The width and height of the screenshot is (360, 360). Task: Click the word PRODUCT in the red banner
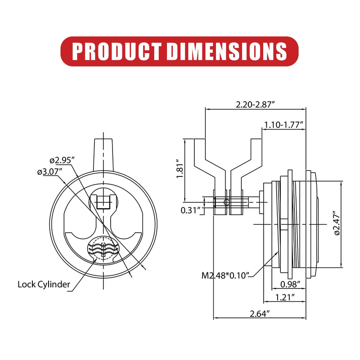(117, 51)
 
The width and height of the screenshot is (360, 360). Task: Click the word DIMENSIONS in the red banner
(227, 51)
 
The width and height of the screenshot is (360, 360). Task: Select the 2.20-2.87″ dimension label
(255, 105)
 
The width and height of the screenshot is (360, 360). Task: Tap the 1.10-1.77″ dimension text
(284, 125)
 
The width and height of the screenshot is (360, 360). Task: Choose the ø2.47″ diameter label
(337, 223)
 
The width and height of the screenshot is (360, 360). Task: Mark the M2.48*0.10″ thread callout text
(225, 275)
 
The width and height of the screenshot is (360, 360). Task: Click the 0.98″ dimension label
(290, 284)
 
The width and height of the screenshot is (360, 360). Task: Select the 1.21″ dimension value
(285, 297)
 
